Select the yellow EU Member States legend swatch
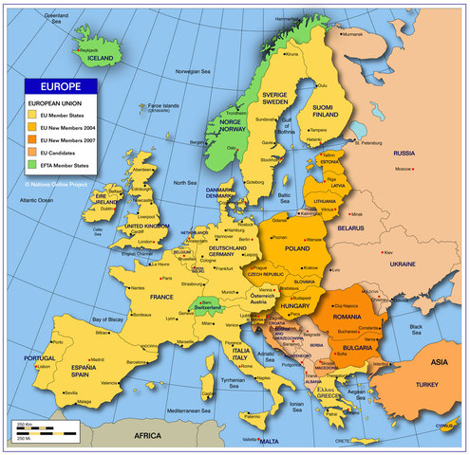(31, 114)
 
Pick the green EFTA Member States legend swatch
(31, 164)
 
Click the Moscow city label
(403, 169)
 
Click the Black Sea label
(417, 329)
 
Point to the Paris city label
(165, 280)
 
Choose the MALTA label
(270, 442)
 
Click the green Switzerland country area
(211, 308)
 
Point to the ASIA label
(440, 361)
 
